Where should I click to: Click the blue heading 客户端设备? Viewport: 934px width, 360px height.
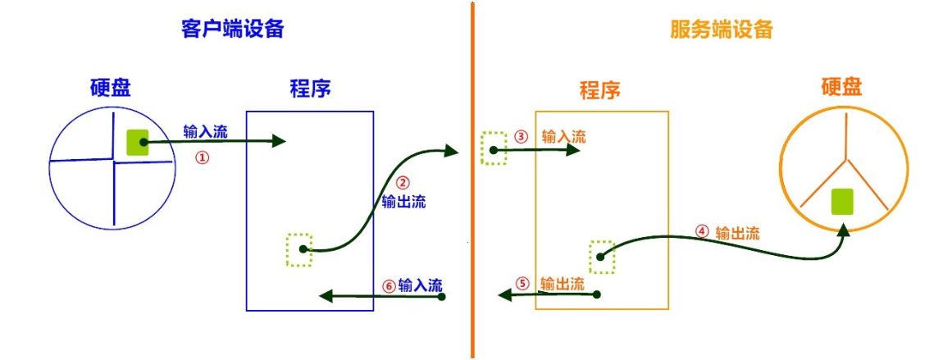pos(232,29)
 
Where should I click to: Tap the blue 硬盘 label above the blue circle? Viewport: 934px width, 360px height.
pos(111,88)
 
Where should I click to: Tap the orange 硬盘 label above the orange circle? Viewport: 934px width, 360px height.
pos(842,87)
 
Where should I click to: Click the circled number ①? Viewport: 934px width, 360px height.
pos(203,157)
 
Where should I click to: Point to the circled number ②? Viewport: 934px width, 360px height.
pos(402,183)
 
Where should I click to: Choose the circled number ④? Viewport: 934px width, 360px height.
pos(701,232)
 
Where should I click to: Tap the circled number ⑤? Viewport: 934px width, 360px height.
pos(522,285)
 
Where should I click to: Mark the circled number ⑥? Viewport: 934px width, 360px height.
pos(389,286)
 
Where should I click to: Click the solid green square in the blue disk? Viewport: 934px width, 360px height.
pos(137,143)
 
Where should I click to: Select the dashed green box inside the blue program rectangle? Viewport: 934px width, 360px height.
pos(299,249)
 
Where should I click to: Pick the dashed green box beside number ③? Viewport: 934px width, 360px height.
pos(494,148)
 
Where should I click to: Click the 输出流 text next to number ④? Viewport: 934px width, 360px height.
pos(737,233)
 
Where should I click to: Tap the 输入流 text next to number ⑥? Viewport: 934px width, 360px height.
pos(420,286)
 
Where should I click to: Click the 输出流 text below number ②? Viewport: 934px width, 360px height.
pos(403,202)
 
